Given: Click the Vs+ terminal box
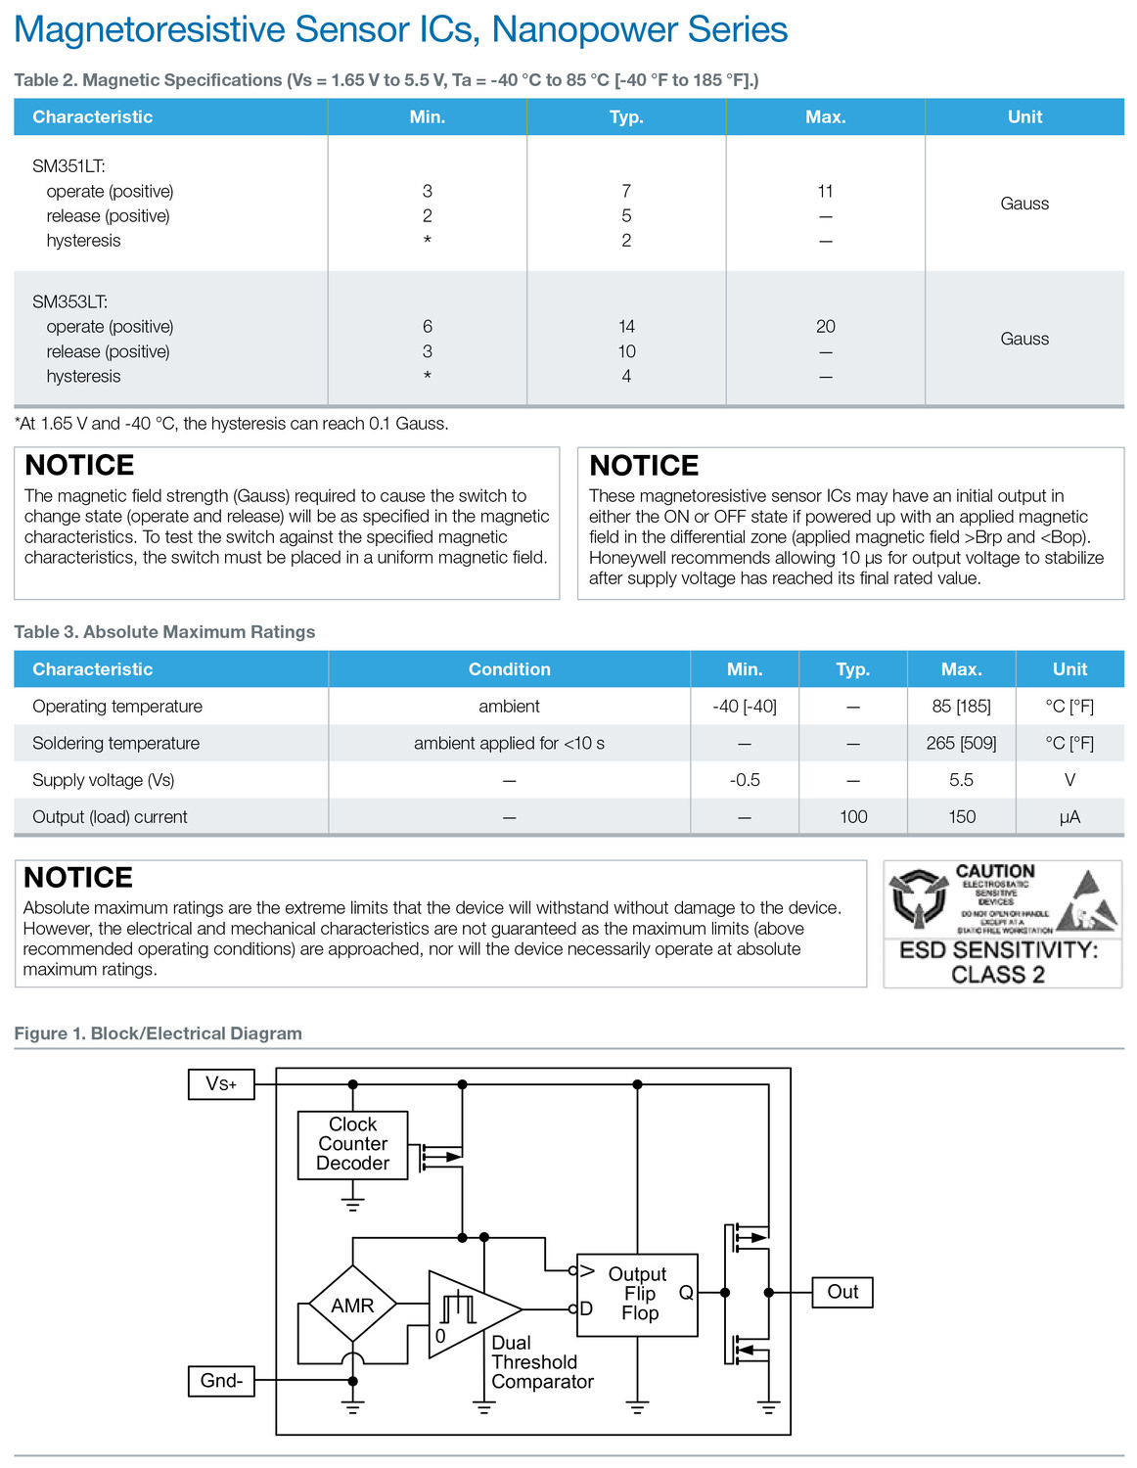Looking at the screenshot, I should point(221,1084).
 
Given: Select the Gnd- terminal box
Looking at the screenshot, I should point(221,1381).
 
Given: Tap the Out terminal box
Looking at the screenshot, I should point(842,1292).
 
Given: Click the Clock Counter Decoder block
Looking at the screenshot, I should point(352,1144).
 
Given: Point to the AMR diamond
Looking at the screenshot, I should point(352,1305).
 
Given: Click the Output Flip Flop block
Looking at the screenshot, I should point(637,1295).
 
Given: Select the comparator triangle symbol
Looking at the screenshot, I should point(470,1311).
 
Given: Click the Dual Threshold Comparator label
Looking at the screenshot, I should point(541,1362).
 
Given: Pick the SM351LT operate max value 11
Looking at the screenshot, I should point(826,191).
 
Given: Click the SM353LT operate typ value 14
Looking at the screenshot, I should point(626,326).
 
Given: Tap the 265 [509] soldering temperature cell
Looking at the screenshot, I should point(961,743).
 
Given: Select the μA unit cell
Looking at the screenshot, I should point(1069,817).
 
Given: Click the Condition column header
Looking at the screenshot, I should point(509,669).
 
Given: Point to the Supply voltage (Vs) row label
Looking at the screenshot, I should point(104,780).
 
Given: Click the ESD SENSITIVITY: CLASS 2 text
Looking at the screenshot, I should point(998,962).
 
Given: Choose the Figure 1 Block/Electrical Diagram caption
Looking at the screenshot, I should point(158,1033).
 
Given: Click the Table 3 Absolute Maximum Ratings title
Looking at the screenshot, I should point(164,632).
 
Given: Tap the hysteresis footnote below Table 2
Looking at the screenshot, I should point(231,424).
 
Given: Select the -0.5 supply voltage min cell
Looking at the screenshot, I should point(745,780).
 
